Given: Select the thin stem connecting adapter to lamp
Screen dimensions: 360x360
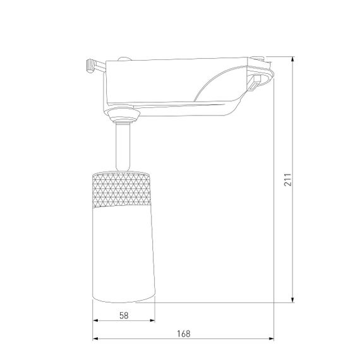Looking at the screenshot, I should coord(123,147).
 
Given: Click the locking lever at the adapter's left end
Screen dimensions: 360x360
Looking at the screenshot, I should coord(93,65).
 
